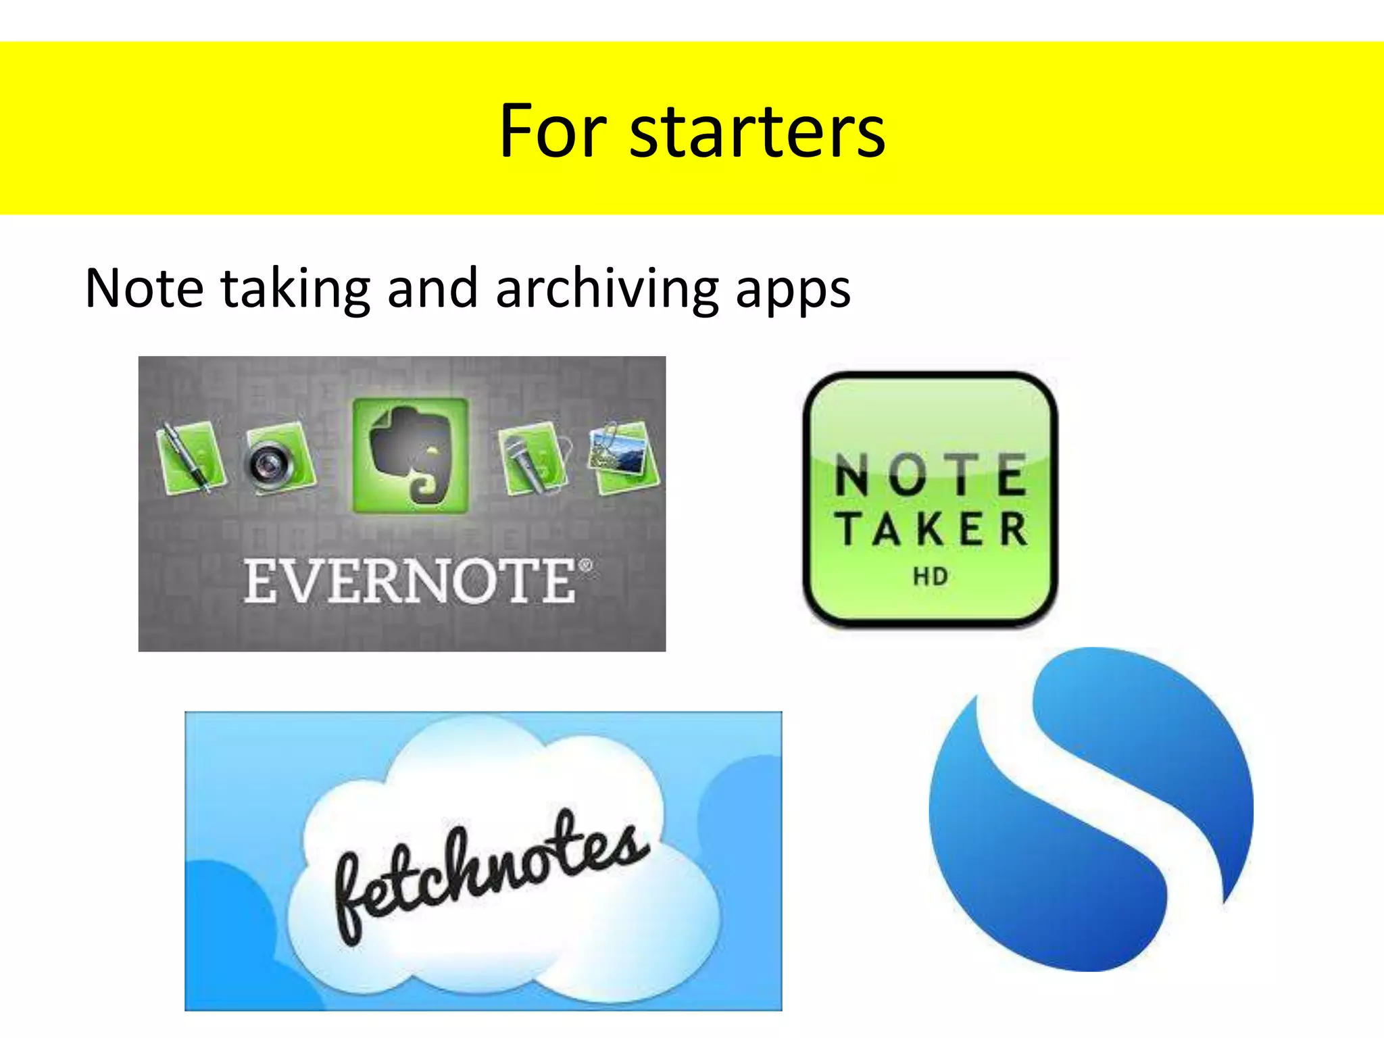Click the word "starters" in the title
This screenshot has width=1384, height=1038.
pos(757,132)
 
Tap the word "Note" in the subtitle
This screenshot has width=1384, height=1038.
pos(145,289)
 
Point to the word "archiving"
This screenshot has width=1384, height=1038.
pos(607,289)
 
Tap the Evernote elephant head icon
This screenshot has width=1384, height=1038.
pos(410,455)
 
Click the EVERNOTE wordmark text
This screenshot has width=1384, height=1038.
pos(410,580)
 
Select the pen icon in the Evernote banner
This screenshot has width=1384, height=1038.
pos(190,457)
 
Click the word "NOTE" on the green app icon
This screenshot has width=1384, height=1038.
pos(931,474)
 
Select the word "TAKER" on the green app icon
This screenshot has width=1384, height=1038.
pos(931,528)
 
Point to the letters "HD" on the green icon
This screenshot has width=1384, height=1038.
pos(931,576)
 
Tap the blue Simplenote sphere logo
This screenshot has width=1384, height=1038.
pos(1091,809)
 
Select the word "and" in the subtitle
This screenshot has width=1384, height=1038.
pos(432,289)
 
